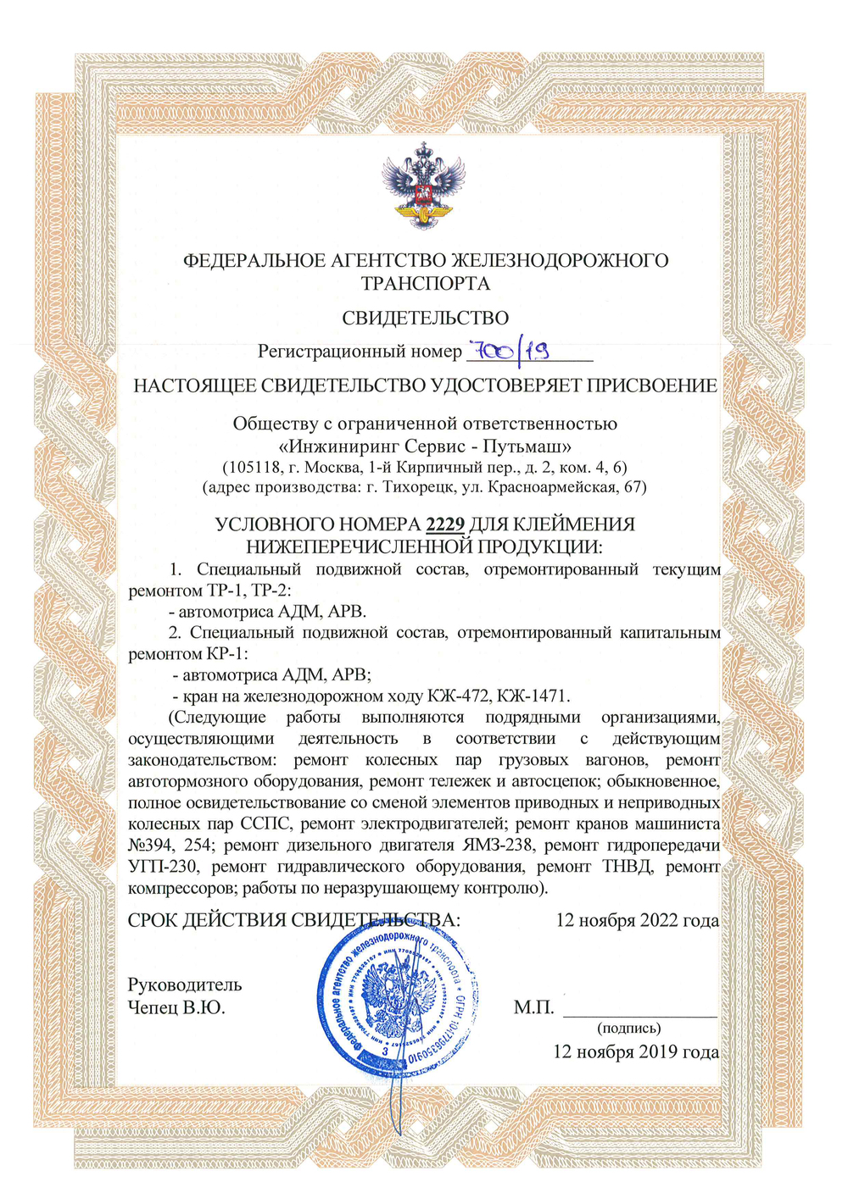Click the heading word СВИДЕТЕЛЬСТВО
click(425, 319)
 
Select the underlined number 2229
click(445, 524)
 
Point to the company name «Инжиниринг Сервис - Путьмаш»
click(425, 446)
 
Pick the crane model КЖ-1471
click(533, 696)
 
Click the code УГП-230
click(162, 866)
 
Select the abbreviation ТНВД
click(626, 866)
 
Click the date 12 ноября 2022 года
click(637, 920)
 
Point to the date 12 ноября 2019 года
click(636, 1051)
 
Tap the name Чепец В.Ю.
click(176, 1007)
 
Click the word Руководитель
click(185, 984)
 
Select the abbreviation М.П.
click(533, 1007)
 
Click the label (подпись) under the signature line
click(629, 1029)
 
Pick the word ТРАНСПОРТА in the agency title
click(425, 283)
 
